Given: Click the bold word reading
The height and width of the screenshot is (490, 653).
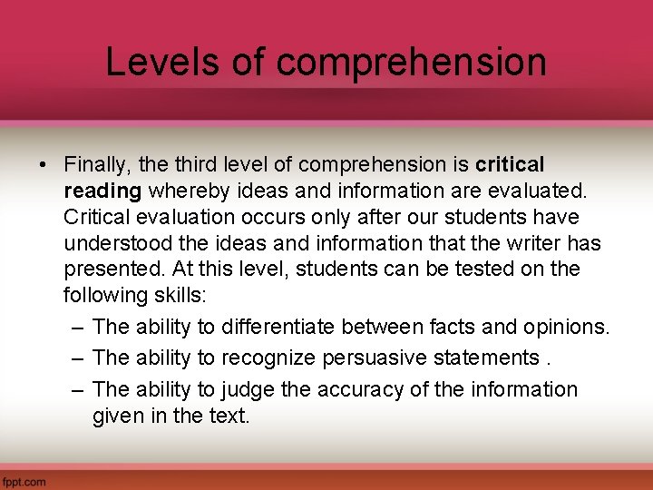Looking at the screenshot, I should click(x=102, y=191).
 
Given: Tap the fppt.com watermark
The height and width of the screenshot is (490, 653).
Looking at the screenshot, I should click(x=24, y=481).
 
